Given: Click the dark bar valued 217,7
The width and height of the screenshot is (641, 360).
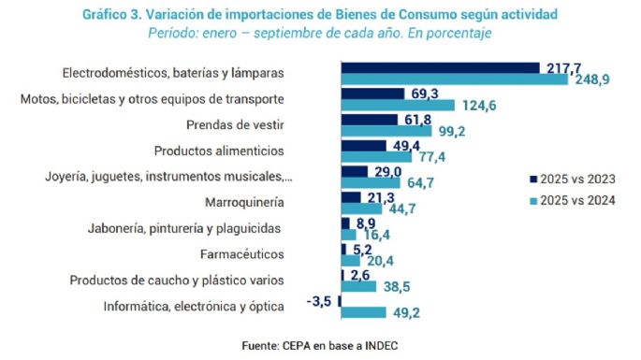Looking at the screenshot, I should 440,67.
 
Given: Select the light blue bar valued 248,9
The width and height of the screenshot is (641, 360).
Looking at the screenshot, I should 454,79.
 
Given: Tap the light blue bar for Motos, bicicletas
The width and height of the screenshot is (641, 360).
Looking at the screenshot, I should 398,105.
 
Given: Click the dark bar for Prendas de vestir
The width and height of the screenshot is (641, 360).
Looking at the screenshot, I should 370,120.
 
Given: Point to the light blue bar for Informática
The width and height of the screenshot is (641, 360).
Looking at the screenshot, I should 363,312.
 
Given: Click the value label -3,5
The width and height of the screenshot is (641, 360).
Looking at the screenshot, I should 320,300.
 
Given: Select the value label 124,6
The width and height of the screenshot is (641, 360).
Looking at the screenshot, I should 478,106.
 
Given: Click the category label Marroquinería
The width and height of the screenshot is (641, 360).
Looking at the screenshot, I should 244,201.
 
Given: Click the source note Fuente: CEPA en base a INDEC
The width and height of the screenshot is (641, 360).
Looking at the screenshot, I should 319,346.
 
